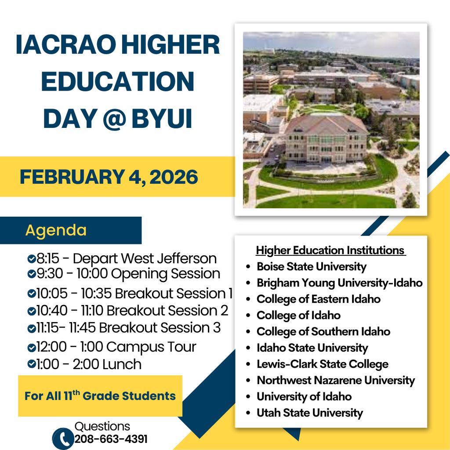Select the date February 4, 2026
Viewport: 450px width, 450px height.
(x=109, y=177)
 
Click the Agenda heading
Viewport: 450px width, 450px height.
(x=56, y=230)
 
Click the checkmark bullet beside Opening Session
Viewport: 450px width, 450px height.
(x=31, y=274)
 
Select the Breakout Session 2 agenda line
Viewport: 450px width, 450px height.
(x=132, y=311)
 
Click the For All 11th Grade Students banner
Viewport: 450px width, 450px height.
(x=100, y=396)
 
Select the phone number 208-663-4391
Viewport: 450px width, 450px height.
(x=111, y=439)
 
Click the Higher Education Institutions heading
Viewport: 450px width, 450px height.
(x=330, y=250)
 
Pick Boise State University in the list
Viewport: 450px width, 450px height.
(x=311, y=266)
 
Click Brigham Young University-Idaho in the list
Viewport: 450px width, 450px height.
(x=339, y=283)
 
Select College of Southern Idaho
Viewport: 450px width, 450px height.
(x=323, y=331)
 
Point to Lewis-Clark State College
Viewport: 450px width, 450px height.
(x=322, y=364)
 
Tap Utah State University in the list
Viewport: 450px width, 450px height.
(x=309, y=413)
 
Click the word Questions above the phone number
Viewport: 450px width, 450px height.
(x=102, y=426)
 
